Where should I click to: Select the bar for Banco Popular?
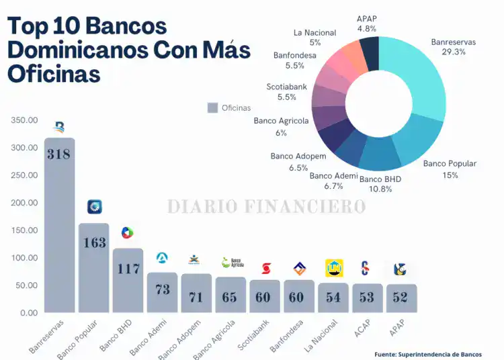94,269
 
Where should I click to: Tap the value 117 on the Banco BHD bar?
128,269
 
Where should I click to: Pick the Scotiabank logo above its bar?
265,268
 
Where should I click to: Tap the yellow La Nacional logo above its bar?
333,268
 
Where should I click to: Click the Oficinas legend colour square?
212,107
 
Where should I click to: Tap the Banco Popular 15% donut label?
450,169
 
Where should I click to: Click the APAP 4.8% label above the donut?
367,24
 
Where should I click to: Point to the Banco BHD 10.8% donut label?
380,185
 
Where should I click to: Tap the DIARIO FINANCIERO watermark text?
267,206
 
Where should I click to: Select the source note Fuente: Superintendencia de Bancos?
428,354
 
